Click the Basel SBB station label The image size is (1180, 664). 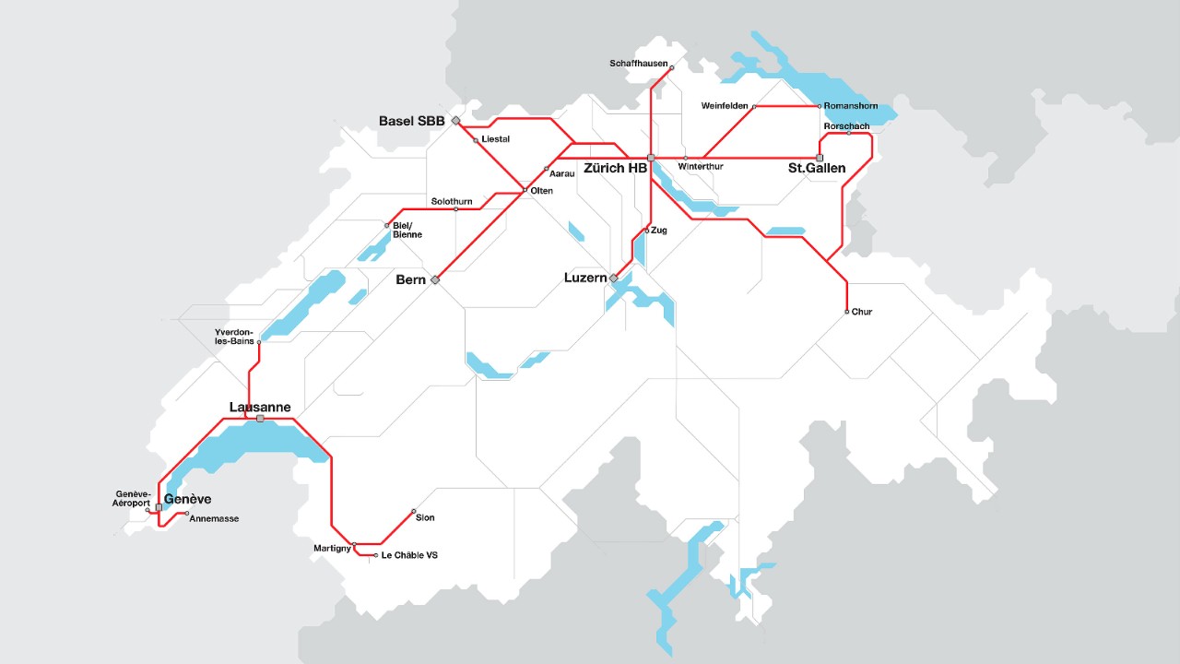click(x=411, y=121)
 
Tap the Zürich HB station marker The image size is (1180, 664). click(x=651, y=158)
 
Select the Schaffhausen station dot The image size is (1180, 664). click(x=671, y=67)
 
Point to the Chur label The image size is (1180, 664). click(x=862, y=312)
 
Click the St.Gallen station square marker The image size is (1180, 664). click(x=820, y=158)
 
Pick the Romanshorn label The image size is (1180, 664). click(x=851, y=106)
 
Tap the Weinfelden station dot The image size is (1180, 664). click(x=754, y=107)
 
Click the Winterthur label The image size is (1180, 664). click(x=701, y=167)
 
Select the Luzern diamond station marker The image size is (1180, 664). click(x=613, y=278)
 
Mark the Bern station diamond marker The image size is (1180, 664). click(x=435, y=279)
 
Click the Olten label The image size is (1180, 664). click(x=542, y=191)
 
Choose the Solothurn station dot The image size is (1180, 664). click(x=456, y=209)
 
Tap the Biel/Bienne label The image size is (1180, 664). click(x=407, y=231)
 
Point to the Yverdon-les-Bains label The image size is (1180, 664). click(x=234, y=336)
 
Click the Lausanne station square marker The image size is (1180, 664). click(x=261, y=419)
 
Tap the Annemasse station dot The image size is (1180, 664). click(x=187, y=514)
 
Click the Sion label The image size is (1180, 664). click(x=425, y=518)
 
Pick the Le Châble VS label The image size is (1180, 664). click(x=409, y=555)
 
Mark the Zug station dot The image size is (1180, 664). click(x=647, y=230)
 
